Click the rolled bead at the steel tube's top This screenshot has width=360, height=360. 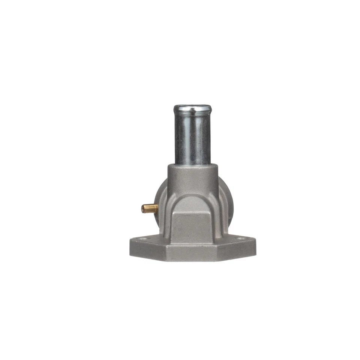click(x=192, y=109)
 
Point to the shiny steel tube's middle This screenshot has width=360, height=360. click(x=192, y=137)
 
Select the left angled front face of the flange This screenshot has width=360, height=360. click(x=148, y=252)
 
